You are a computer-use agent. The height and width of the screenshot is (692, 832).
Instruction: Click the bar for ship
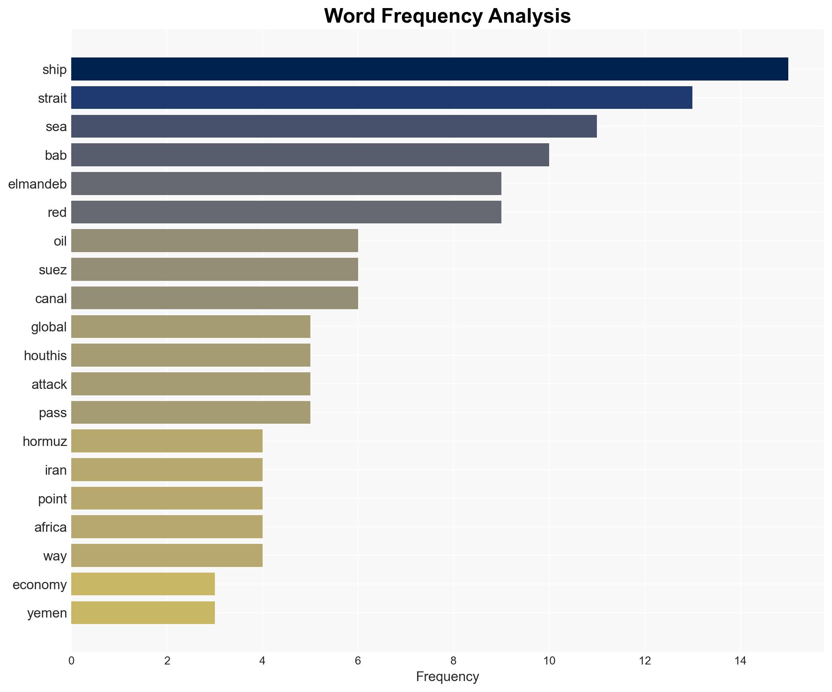429,69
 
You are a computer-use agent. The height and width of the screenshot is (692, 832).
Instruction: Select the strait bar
382,98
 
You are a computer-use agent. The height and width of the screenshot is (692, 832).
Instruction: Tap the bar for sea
334,126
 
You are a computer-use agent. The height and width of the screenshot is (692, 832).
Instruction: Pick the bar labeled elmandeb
286,184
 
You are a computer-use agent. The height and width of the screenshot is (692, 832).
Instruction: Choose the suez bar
214,270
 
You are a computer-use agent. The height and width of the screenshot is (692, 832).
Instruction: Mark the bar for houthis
191,355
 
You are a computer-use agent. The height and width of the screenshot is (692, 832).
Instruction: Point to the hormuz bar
167,441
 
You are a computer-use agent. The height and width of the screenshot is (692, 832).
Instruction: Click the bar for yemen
143,613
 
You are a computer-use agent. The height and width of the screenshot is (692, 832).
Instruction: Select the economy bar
143,584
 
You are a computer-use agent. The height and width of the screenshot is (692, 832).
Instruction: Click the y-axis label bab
56,155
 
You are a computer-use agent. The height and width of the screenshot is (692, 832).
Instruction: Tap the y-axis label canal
51,299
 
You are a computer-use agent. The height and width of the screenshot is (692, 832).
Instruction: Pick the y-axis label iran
56,470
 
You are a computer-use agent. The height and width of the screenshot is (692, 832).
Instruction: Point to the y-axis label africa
51,527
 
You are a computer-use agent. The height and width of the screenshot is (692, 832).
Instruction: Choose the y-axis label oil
60,241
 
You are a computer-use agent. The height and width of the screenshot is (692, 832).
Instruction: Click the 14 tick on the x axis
740,661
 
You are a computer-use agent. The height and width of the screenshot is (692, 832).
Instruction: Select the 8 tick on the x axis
453,661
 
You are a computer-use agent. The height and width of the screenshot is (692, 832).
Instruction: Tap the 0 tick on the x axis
72,661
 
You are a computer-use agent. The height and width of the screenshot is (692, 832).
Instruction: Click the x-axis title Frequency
447,677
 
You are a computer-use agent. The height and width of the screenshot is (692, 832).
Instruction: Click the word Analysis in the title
529,17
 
